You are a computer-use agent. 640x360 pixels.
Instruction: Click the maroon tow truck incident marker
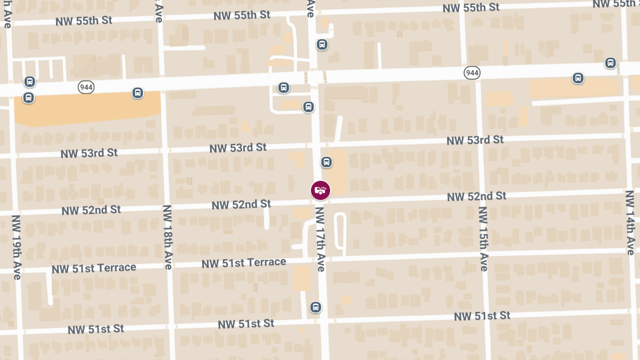pyautogui.click(x=321, y=190)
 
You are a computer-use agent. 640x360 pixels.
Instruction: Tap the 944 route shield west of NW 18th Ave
pyautogui.click(x=86, y=86)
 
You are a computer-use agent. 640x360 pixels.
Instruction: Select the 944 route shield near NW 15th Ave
pyautogui.click(x=472, y=73)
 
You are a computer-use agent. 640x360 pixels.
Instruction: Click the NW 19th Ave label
pyautogui.click(x=17, y=247)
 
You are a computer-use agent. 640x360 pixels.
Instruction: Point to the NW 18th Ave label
pyautogui.click(x=167, y=237)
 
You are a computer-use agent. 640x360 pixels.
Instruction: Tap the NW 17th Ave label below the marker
pyautogui.click(x=320, y=239)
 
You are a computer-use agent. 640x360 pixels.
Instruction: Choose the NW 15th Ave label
pyautogui.click(x=483, y=238)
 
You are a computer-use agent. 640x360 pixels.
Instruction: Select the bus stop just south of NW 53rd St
pyautogui.click(x=326, y=162)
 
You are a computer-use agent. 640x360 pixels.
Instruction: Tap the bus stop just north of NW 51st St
pyautogui.click(x=315, y=307)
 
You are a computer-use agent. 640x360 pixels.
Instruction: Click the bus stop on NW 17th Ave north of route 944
pyautogui.click(x=322, y=44)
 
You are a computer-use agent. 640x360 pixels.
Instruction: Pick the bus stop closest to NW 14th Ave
pyautogui.click(x=610, y=63)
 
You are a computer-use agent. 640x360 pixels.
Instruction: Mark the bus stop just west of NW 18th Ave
pyautogui.click(x=138, y=93)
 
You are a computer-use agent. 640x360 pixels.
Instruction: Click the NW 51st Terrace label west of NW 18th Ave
pyautogui.click(x=94, y=268)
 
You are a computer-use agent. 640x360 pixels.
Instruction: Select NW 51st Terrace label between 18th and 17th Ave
pyautogui.click(x=244, y=263)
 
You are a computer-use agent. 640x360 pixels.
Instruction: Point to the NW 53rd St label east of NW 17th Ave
pyautogui.click(x=475, y=140)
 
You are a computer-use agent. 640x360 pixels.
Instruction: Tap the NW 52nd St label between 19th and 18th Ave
pyautogui.click(x=91, y=210)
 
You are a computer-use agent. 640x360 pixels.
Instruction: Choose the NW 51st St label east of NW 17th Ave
pyautogui.click(x=482, y=316)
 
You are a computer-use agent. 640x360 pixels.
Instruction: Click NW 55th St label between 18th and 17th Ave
pyautogui.click(x=242, y=15)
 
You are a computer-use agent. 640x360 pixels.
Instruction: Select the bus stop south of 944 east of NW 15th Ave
pyautogui.click(x=578, y=78)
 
